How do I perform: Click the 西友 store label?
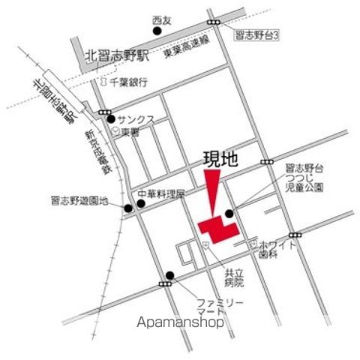point(162,19)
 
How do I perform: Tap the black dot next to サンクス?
point(111,118)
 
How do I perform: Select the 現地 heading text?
point(220,160)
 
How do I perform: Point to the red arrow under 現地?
point(213,193)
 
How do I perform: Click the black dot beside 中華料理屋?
point(140,202)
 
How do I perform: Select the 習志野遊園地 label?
point(80,201)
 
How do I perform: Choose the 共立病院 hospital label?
point(234,279)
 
